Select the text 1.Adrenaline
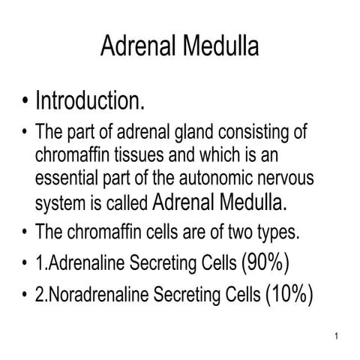(x=82, y=264)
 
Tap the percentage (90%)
(x=266, y=262)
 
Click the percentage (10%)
(x=289, y=294)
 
